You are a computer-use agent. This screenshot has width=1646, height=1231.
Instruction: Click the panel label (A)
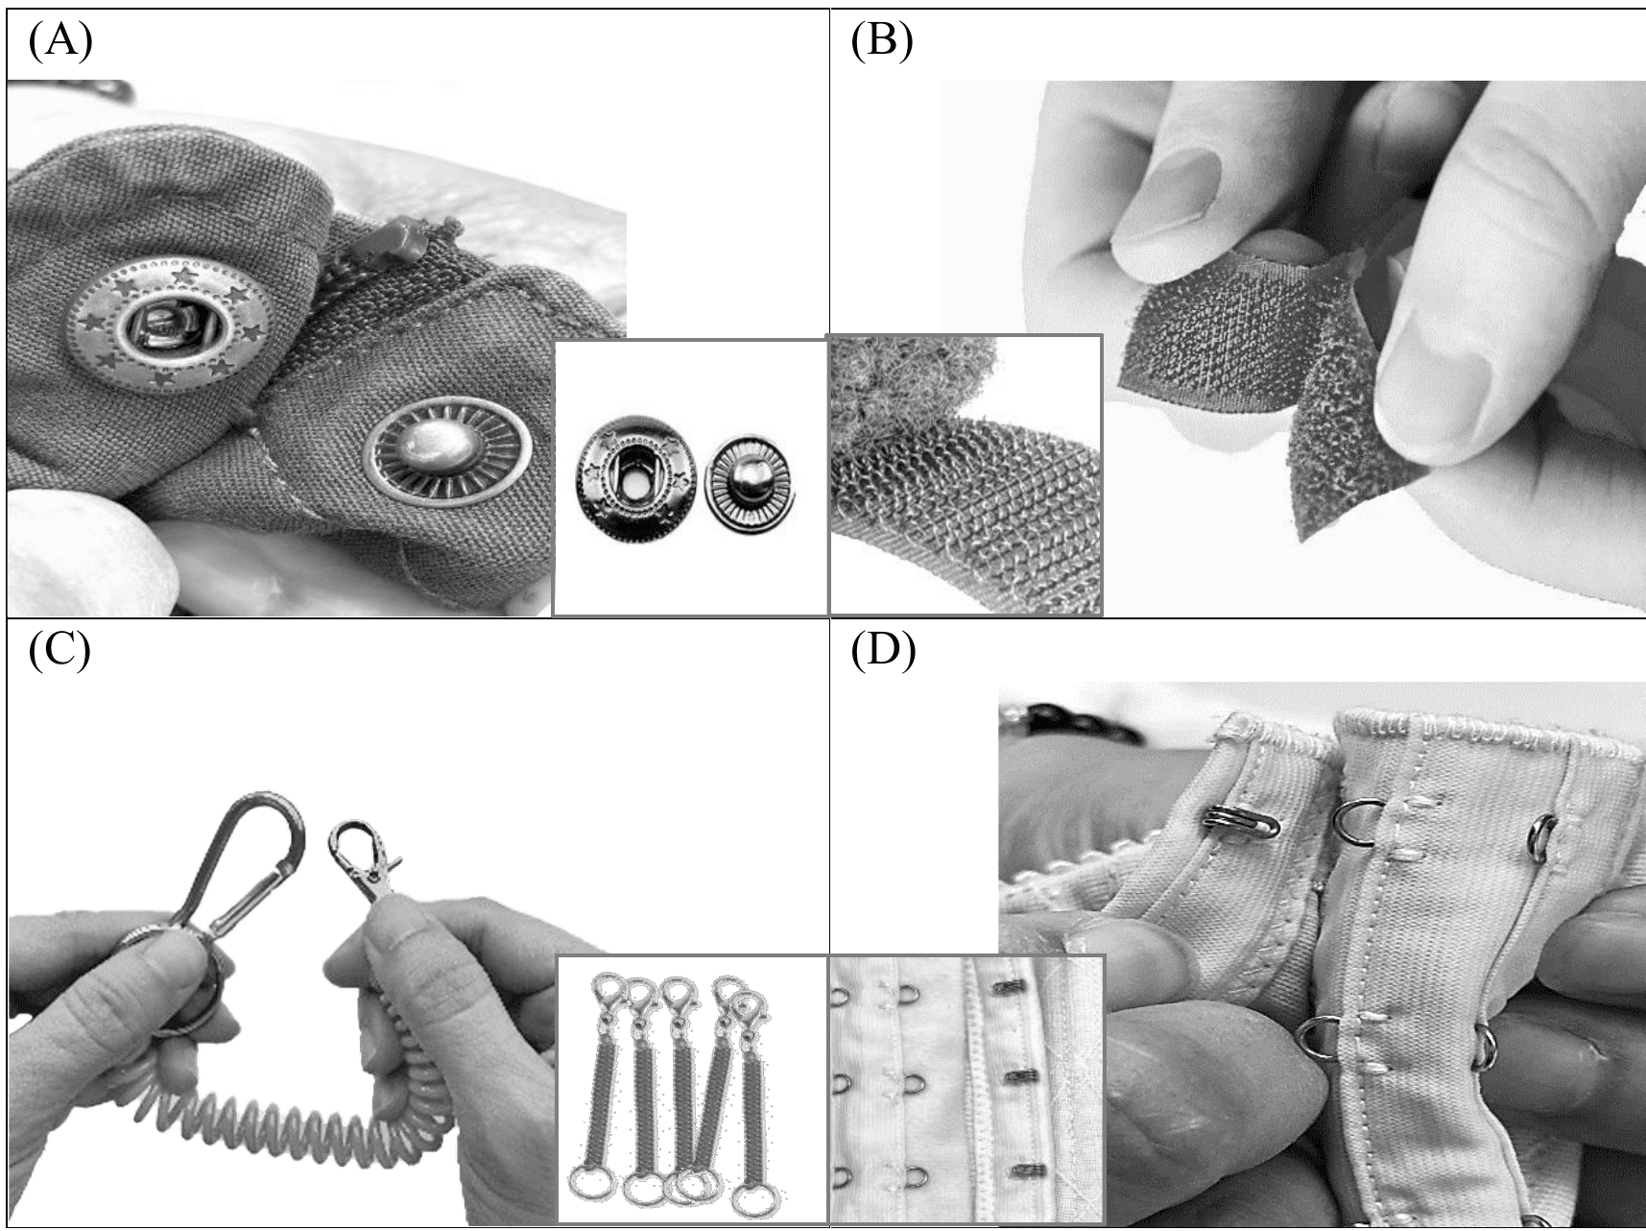coord(60,42)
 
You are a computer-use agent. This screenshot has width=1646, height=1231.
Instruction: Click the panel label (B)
coord(882,42)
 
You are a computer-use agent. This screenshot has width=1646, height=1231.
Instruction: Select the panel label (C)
coord(60,650)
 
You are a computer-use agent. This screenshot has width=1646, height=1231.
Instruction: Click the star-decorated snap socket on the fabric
coord(169,324)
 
